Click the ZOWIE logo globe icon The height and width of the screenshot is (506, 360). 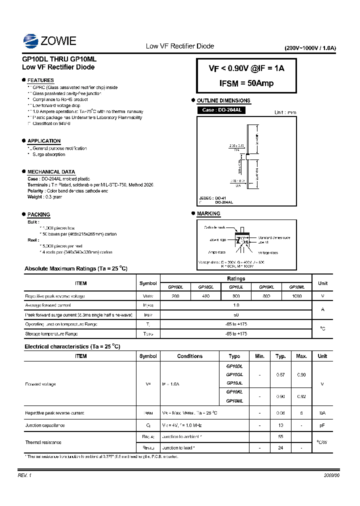30,40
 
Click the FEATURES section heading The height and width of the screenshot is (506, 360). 40,80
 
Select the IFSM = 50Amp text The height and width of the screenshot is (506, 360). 246,83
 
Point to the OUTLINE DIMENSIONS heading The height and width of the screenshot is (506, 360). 223,100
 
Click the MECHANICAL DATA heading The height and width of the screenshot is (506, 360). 51,171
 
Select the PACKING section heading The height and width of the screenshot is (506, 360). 38,214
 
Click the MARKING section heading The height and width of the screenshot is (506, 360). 208,213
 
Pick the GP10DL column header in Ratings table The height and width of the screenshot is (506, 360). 175,287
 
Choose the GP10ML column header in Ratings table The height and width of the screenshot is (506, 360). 297,287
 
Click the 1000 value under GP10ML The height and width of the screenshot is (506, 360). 297,296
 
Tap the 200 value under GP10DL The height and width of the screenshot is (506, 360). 175,296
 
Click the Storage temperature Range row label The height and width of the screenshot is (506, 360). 51,333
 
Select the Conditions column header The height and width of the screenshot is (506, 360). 190,356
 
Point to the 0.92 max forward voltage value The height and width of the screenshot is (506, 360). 301,396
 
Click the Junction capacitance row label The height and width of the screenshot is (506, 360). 45,425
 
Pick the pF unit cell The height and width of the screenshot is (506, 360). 322,425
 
